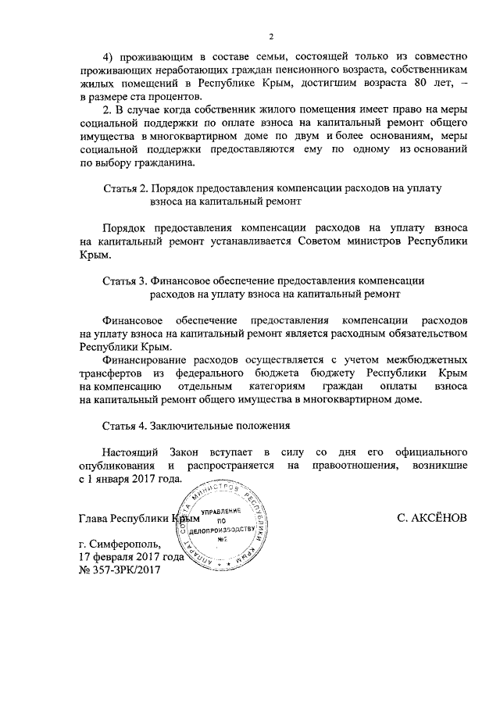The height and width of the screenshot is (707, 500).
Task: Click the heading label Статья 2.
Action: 125,189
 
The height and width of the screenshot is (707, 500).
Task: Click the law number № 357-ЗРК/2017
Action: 120,571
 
